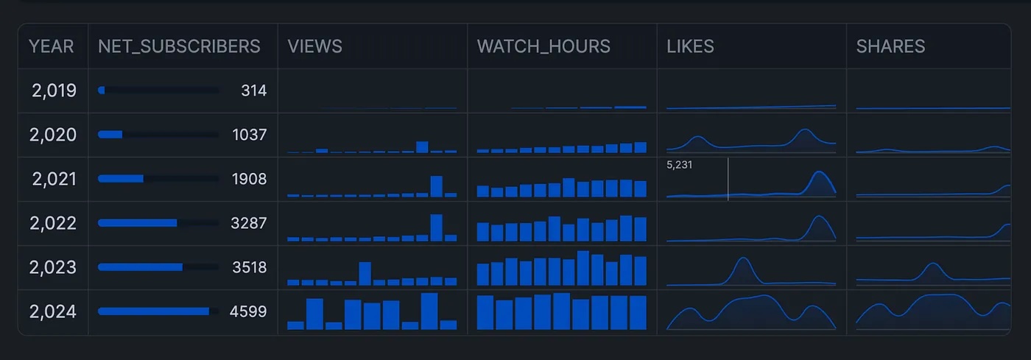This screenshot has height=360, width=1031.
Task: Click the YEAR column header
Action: [52, 46]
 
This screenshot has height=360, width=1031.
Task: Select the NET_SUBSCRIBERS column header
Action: [179, 46]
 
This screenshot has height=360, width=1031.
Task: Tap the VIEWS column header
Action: [315, 46]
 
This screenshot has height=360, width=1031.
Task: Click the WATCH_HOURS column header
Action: [543, 46]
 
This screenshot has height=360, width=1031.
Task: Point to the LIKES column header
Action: [690, 46]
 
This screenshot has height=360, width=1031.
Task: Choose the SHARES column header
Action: [890, 46]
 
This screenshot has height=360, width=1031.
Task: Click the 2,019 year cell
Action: [54, 91]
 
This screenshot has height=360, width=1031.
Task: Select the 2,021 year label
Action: [54, 179]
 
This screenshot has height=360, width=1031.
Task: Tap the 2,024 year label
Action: [53, 311]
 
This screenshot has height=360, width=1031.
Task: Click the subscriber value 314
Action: [253, 91]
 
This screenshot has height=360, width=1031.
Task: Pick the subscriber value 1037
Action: [249, 135]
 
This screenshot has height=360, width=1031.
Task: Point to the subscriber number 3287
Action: [249, 223]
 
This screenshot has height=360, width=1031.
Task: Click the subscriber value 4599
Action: [248, 311]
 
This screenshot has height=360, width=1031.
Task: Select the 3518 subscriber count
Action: [249, 267]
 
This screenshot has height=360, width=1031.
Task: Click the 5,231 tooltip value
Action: [679, 166]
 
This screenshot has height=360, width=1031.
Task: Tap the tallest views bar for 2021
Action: [437, 186]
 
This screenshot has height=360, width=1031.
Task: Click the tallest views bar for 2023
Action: [365, 273]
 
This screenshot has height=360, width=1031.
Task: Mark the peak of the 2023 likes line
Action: [743, 259]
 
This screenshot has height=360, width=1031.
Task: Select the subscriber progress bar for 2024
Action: [154, 311]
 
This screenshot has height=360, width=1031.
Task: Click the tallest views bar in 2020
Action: [422, 147]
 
